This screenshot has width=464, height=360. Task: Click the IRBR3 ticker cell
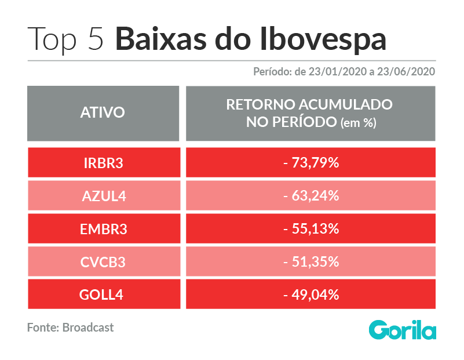click(104, 162)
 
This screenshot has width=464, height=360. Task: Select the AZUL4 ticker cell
click(104, 196)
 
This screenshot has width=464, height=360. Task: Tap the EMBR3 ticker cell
click(104, 228)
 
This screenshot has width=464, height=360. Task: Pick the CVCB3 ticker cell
click(104, 261)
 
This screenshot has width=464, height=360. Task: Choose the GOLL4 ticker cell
click(104, 294)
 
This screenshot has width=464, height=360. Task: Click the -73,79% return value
click(310, 162)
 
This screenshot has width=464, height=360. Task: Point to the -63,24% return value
click(310, 196)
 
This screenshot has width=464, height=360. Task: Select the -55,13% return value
click(310, 228)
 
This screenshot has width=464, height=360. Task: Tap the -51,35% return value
click(310, 261)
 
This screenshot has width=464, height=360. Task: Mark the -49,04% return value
click(310, 294)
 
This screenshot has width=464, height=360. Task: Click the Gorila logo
click(403, 329)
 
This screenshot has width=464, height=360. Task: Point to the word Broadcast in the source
click(88, 328)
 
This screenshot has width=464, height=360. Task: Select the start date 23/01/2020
click(338, 72)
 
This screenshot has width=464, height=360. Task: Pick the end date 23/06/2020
click(406, 72)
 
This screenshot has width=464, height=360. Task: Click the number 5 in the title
click(96, 39)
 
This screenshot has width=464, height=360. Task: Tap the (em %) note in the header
click(359, 122)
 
